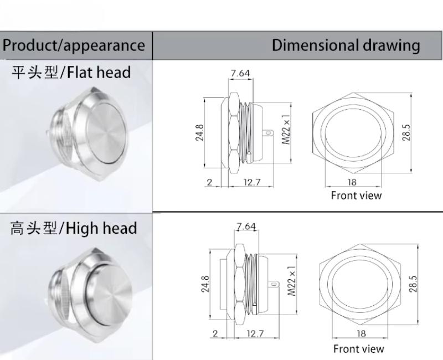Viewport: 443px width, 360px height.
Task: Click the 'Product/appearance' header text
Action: [74, 45]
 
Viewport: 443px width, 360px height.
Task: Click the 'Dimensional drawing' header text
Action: [346, 45]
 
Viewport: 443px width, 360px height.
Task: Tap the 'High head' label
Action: [101, 228]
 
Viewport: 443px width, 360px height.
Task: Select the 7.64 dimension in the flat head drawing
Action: [240, 73]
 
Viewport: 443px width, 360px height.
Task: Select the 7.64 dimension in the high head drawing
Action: [246, 227]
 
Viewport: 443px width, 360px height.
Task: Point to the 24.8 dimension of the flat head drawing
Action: [199, 132]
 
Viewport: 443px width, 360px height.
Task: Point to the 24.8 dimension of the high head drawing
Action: [205, 284]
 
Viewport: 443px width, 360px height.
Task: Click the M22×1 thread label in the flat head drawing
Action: [286, 130]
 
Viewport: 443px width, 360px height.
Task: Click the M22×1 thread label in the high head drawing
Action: [292, 281]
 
